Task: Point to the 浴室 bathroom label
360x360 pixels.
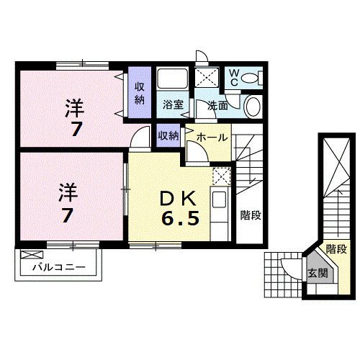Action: click(x=173, y=105)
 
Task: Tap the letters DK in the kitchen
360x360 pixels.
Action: click(x=175, y=195)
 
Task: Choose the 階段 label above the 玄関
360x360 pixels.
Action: click(x=336, y=249)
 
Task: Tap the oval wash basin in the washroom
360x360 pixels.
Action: click(x=253, y=107)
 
